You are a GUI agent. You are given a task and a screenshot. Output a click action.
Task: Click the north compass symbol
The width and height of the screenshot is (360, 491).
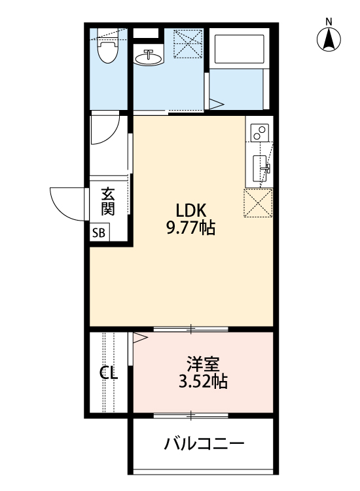[x=329, y=41]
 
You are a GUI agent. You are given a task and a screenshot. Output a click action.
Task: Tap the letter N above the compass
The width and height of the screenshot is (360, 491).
[x=329, y=22]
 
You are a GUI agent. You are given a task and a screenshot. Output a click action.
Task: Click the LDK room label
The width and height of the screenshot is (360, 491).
[x=191, y=211]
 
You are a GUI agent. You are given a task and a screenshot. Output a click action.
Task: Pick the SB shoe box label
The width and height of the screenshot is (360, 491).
[x=98, y=233]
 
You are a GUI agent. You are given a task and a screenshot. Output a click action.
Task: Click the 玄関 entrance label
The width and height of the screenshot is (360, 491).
[x=108, y=202]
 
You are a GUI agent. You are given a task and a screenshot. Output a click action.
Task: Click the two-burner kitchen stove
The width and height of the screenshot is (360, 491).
[x=259, y=132]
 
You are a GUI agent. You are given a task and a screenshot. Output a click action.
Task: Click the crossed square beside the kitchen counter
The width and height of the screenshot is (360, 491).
[x=259, y=202]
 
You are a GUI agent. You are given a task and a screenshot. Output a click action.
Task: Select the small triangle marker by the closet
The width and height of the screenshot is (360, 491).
[x=139, y=338]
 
